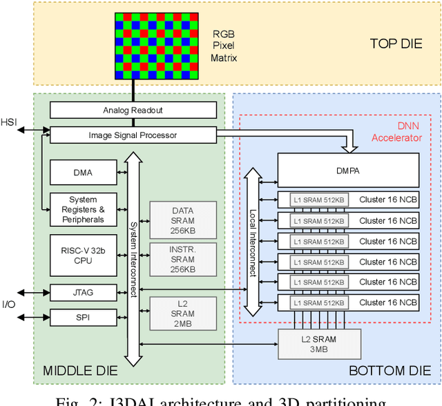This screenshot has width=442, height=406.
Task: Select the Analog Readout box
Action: click(x=133, y=110)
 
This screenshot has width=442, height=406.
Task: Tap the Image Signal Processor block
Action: click(x=133, y=135)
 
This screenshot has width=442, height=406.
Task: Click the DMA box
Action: click(x=83, y=173)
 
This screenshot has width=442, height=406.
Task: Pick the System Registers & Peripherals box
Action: click(x=83, y=210)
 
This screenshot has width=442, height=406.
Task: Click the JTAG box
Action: click(x=83, y=293)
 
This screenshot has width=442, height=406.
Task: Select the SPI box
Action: click(x=83, y=318)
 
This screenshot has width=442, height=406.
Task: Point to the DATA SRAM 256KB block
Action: click(x=183, y=220)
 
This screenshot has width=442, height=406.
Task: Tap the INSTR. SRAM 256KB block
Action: click(x=183, y=259)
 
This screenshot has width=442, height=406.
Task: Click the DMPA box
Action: click(x=348, y=170)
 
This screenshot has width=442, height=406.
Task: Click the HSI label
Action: click(x=9, y=122)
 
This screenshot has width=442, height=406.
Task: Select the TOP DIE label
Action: click(x=396, y=43)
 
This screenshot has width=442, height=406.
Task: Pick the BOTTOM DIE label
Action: click(x=389, y=371)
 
